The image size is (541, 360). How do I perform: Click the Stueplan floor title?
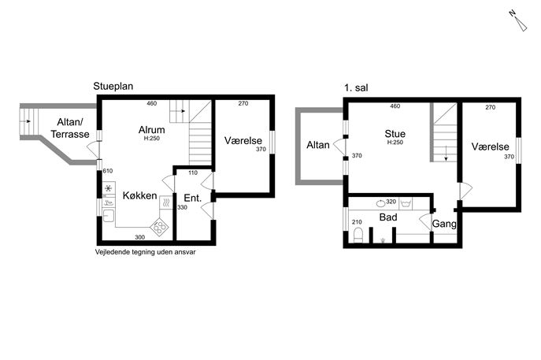[113, 87]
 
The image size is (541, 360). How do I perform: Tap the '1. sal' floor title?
[356, 87]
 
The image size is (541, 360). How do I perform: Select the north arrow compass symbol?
[518, 21]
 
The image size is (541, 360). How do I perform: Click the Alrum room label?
[151, 130]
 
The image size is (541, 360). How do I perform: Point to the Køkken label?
[139, 195]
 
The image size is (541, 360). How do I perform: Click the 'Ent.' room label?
[192, 199]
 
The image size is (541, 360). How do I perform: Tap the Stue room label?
[395, 134]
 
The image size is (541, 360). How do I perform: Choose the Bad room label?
[388, 217]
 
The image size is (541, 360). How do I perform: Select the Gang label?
[444, 224]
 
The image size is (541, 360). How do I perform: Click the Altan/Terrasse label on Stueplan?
[70, 128]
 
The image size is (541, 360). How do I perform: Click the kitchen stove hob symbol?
[159, 227]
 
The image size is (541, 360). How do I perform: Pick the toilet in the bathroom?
[358, 235]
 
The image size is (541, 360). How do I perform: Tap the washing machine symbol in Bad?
[406, 203]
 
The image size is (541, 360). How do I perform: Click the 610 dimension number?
[108, 171]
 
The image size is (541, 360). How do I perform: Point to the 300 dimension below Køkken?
[139, 237]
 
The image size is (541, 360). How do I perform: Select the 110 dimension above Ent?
[193, 173]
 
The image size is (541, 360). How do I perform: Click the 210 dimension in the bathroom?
[357, 222]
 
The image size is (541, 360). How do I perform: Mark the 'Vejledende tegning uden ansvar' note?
[145, 252]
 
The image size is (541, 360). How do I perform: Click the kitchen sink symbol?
[109, 216]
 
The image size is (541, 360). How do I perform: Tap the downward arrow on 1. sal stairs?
[446, 154]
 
